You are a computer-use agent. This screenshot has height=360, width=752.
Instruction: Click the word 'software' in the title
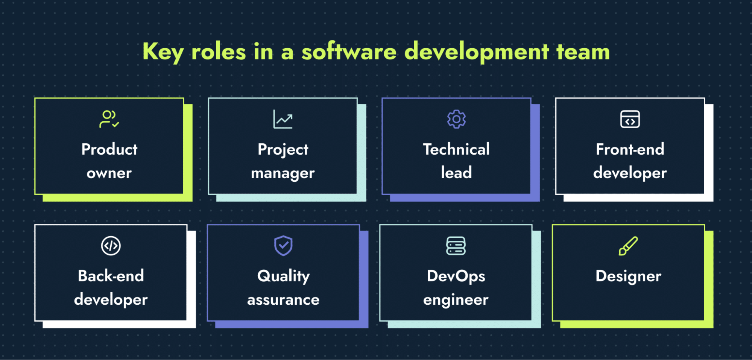tap(349, 52)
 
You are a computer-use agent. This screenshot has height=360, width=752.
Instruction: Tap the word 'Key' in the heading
tap(163, 52)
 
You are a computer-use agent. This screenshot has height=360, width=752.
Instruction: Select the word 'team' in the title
tap(583, 52)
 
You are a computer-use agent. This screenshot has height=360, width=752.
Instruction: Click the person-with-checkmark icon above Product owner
tap(109, 119)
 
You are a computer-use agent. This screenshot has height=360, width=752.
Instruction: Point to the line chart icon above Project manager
tap(283, 119)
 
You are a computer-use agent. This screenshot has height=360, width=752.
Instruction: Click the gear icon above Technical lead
tap(456, 119)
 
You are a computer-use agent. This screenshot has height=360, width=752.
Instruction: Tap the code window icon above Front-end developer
tap(630, 119)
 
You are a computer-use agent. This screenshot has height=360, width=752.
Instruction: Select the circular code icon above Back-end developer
tap(111, 246)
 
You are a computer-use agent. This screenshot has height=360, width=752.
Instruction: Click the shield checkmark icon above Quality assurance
tap(283, 246)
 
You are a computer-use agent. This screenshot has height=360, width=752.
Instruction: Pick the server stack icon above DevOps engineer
tap(456, 246)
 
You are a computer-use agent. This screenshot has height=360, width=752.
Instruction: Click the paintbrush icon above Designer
tap(628, 246)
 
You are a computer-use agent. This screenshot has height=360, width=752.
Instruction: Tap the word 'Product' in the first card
tap(109, 149)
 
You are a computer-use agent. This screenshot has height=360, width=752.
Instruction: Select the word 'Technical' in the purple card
tap(456, 149)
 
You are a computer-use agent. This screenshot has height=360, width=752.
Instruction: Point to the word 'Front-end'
tap(630, 149)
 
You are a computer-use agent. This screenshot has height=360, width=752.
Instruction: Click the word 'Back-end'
tap(111, 276)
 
